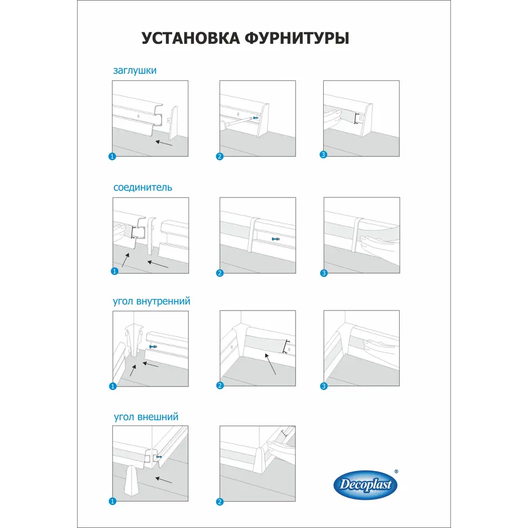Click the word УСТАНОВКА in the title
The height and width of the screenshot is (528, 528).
click(190, 39)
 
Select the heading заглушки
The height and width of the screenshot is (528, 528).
click(134, 70)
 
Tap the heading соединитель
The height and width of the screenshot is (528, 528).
click(142, 187)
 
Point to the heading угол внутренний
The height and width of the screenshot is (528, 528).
click(152, 301)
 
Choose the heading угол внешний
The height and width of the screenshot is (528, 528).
click(146, 417)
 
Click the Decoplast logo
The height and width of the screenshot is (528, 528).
click(365, 485)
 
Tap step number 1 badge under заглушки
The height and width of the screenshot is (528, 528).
click(112, 156)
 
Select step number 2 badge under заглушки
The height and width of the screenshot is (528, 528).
click(220, 156)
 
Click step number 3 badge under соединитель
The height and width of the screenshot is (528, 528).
click(324, 273)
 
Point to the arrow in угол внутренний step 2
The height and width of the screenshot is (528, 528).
click(270, 364)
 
